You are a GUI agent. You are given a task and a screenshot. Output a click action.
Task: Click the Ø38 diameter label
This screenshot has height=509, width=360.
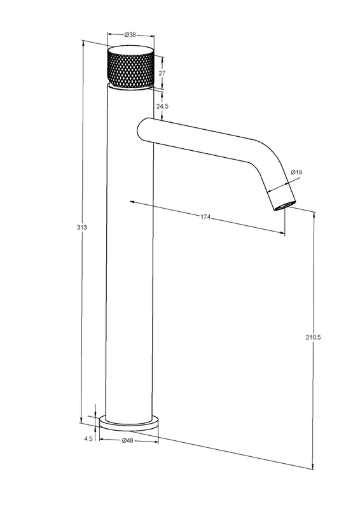[x=130, y=35]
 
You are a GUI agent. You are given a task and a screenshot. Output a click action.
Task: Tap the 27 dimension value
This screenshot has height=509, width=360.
[x=162, y=73]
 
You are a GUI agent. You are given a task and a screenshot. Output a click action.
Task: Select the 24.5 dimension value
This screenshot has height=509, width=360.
[x=162, y=106]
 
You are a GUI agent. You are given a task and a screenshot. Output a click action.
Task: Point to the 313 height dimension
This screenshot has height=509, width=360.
[x=82, y=227]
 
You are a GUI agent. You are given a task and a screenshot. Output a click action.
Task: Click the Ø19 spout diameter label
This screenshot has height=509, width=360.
[x=296, y=172]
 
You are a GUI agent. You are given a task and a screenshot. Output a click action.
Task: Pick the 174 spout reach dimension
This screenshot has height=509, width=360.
[x=205, y=217]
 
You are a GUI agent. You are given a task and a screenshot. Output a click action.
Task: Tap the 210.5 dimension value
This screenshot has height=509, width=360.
[x=313, y=337]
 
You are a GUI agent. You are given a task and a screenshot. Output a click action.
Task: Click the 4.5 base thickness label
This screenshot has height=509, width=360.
[x=88, y=438]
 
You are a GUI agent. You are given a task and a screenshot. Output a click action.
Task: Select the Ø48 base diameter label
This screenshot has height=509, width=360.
[x=128, y=440]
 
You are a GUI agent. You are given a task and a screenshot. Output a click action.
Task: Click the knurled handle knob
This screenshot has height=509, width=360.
[x=130, y=67]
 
